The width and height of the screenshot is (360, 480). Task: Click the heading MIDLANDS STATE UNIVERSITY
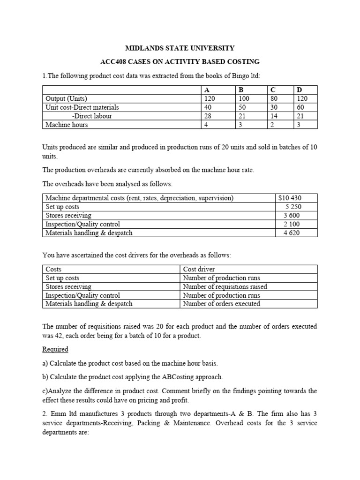point(179,48)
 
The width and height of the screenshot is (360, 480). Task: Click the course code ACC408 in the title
point(114,62)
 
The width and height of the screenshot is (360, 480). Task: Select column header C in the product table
point(272,90)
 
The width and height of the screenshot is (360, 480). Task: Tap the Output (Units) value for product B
point(244,99)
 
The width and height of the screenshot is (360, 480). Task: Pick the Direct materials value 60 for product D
point(299,107)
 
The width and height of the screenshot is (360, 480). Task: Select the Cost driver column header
point(199,270)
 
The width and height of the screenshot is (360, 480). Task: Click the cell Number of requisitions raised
point(225,286)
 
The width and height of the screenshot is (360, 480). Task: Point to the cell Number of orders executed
point(221,303)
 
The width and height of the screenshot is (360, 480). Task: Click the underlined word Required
point(55,349)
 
